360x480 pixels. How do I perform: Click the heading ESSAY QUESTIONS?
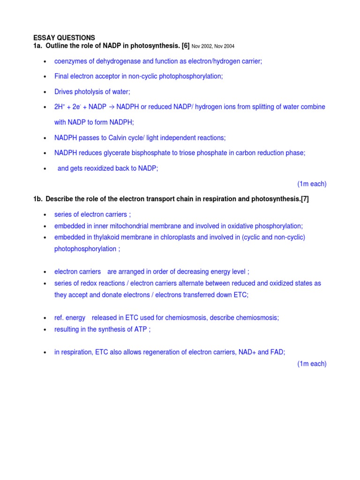click(x=64, y=37)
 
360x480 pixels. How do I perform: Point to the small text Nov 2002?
click(x=202, y=46)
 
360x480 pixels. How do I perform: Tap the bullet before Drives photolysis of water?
click(x=45, y=92)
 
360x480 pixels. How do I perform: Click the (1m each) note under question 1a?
click(x=312, y=184)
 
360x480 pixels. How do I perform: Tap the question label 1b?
click(x=38, y=199)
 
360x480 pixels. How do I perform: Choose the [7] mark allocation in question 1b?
click(x=304, y=199)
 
